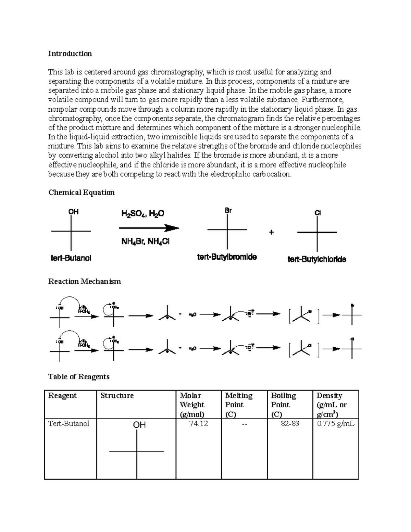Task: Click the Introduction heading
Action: [x=70, y=54]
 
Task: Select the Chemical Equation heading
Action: [x=82, y=193]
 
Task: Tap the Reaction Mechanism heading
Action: [x=85, y=282]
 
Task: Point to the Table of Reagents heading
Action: [x=79, y=377]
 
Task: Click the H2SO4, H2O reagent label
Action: [x=142, y=214]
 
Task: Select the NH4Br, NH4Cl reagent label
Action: [x=146, y=242]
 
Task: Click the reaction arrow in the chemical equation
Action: [x=149, y=228]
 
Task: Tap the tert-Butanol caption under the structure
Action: [x=71, y=258]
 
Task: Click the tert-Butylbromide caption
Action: [x=227, y=257]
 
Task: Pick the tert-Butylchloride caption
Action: [x=317, y=259]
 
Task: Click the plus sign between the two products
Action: [x=272, y=232]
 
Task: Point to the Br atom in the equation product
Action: [x=228, y=211]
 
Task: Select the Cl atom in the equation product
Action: [x=317, y=213]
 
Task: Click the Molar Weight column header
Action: [x=192, y=405]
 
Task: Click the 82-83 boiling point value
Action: [x=290, y=424]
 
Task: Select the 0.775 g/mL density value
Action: [x=335, y=424]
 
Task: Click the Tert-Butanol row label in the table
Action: [x=68, y=424]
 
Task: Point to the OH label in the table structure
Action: [x=139, y=425]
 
